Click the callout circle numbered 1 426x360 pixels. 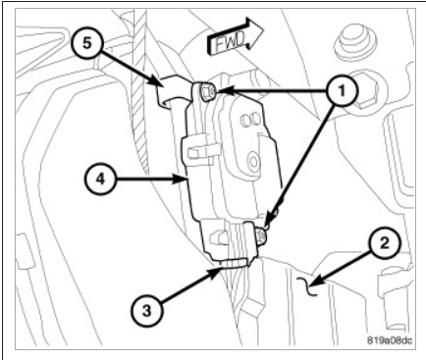[x=342, y=90]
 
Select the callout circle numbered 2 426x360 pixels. [x=385, y=243]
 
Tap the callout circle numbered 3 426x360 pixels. [x=147, y=310]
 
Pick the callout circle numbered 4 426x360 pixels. [x=101, y=179]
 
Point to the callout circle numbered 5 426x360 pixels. [x=86, y=43]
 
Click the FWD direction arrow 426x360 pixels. [x=235, y=36]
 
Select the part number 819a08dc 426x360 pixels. [x=389, y=340]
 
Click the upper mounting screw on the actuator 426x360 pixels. [x=207, y=91]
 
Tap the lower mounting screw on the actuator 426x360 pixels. [x=262, y=235]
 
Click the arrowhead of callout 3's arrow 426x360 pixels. [x=217, y=272]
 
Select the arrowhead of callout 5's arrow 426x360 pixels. [x=159, y=83]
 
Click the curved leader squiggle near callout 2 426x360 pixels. [x=309, y=285]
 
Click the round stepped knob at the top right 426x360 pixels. [x=355, y=43]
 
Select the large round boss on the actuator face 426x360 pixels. [x=253, y=162]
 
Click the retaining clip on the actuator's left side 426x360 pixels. [x=199, y=150]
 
